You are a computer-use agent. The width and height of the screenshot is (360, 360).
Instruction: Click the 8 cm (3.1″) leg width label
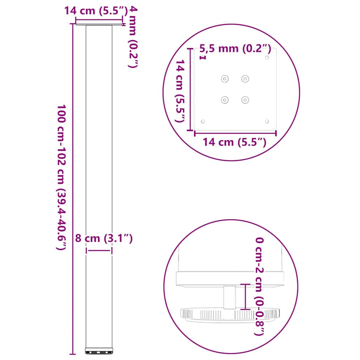104,239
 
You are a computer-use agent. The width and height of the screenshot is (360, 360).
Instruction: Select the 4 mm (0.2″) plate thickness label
130,37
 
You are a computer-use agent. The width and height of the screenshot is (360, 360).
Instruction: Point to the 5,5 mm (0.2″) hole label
235,49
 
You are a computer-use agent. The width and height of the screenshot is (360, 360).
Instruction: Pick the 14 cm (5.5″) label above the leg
95,11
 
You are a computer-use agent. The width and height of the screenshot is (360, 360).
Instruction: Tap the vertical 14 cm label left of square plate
180,91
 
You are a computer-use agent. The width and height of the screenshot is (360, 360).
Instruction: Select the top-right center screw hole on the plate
245,79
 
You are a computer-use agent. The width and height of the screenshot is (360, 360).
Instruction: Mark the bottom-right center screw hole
245,100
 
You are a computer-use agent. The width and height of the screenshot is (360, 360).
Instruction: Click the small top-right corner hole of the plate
267,57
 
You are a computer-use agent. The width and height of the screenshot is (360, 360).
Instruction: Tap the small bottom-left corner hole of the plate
203,121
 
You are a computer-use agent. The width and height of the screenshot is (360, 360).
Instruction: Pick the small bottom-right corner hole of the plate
267,121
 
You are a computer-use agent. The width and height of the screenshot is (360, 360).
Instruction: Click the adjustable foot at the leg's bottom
99,351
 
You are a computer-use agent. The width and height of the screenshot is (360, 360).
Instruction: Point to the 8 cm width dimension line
99,250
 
